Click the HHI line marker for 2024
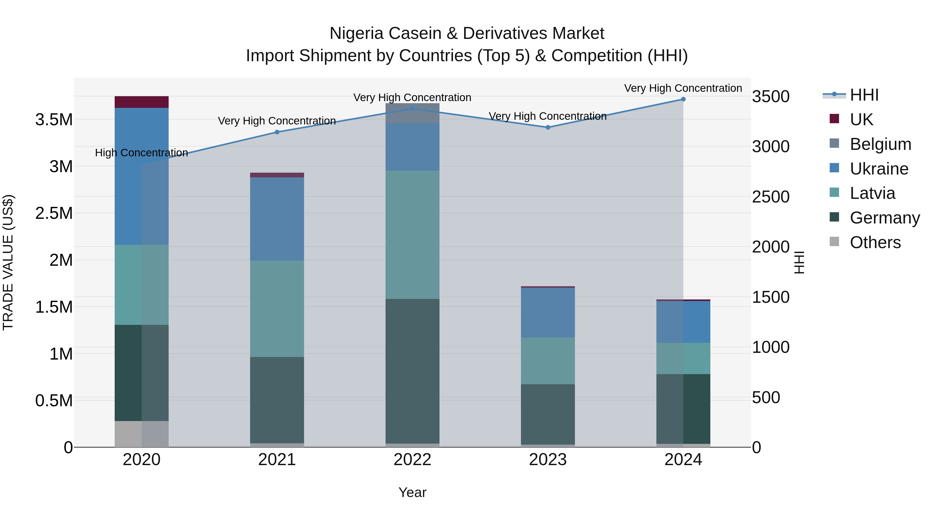point(683,99)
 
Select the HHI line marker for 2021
point(277,132)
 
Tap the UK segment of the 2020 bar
point(141,102)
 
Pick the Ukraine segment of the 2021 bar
point(277,219)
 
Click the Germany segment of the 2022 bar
point(412,371)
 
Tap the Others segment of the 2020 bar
point(141,434)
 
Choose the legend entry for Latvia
point(872,193)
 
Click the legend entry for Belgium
point(880,144)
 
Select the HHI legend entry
point(864,95)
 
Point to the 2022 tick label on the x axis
point(412,460)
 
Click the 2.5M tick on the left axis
point(54,213)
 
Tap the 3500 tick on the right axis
point(771,97)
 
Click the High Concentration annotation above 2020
point(141,153)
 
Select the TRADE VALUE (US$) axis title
point(8,262)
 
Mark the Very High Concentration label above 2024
point(683,88)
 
